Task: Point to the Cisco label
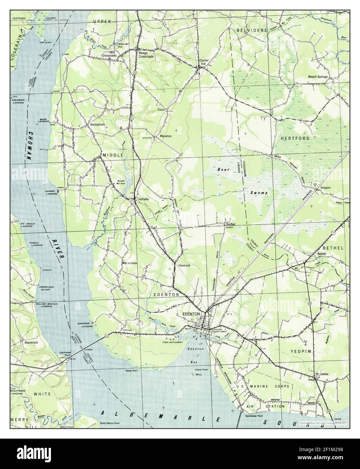click(x=161, y=110)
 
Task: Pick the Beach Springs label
click(x=317, y=77)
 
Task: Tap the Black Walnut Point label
click(x=114, y=423)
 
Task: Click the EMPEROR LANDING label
click(x=84, y=325)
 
